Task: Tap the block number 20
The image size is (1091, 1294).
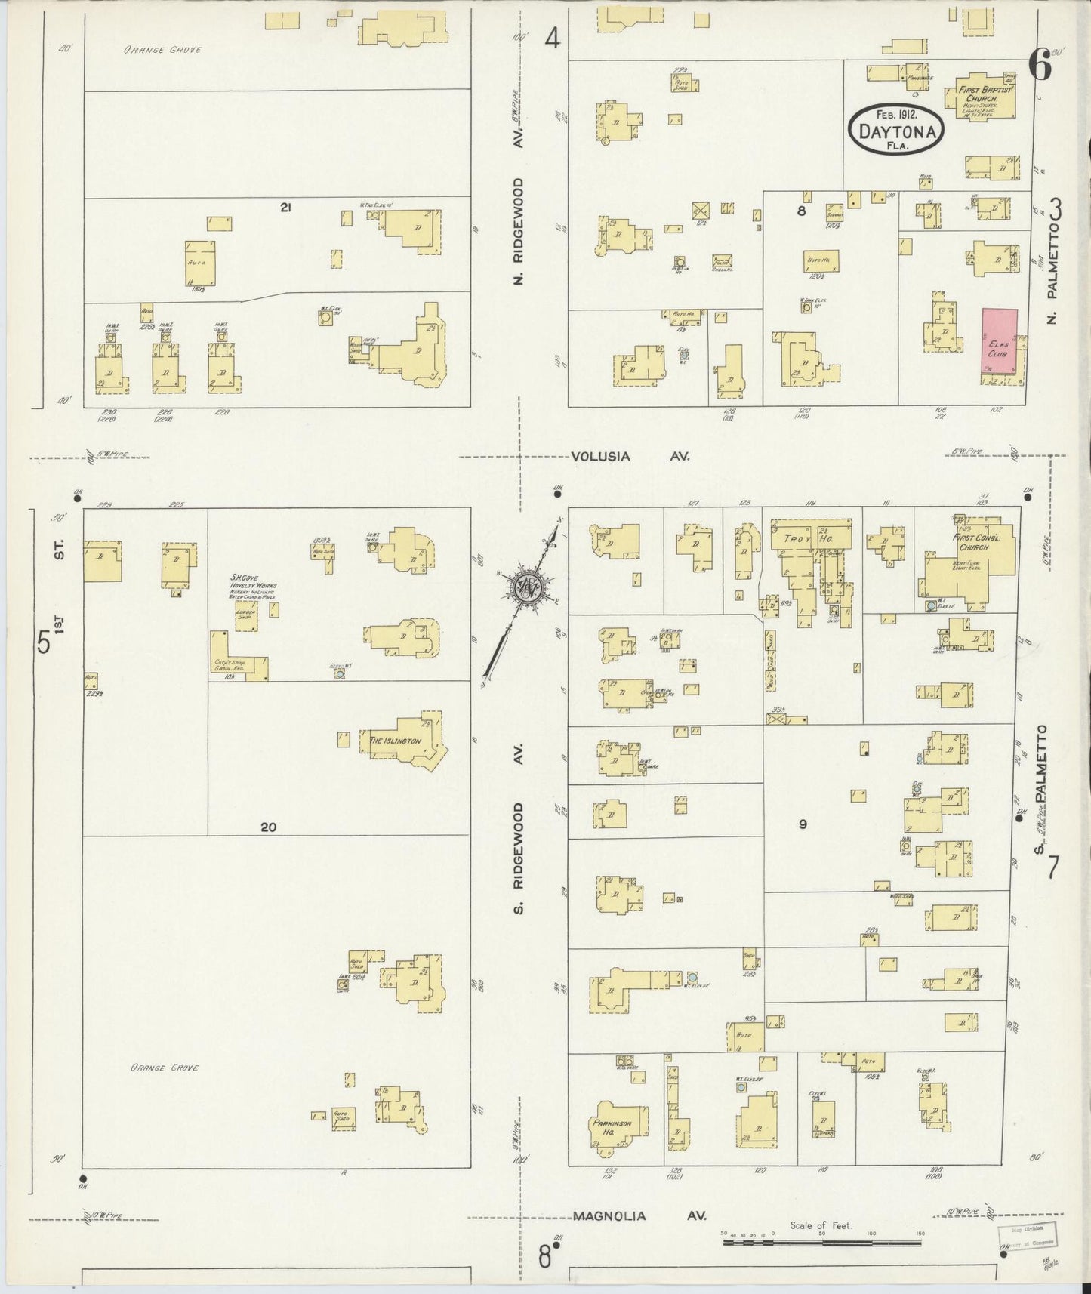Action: pos(268,827)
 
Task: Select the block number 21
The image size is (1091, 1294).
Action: pos(285,208)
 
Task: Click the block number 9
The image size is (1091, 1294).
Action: pos(803,824)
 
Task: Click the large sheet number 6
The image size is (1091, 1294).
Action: pos(1040,68)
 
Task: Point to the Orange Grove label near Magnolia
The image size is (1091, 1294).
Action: pos(164,1068)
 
